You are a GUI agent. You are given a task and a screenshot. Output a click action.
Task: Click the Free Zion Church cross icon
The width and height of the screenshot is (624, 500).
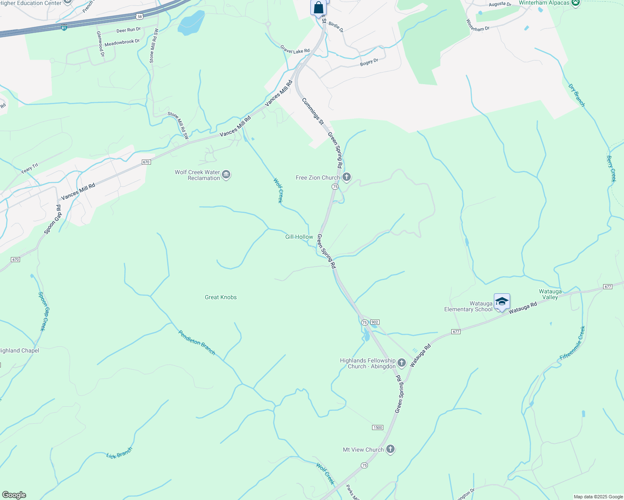(346, 177)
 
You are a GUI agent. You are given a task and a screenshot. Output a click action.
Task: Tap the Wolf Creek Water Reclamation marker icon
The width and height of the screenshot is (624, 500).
(226, 175)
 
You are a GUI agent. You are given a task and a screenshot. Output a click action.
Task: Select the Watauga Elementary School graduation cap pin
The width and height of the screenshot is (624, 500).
(501, 302)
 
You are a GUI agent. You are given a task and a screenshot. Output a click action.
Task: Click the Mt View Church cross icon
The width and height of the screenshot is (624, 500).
(390, 449)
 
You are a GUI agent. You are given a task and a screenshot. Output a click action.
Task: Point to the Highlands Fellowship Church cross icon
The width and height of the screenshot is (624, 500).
(401, 363)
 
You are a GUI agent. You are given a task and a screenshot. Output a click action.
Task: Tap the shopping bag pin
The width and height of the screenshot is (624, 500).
(318, 8)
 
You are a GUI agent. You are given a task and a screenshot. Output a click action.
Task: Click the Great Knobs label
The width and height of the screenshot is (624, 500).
(221, 297)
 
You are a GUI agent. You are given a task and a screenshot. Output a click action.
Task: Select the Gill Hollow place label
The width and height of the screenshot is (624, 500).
(299, 237)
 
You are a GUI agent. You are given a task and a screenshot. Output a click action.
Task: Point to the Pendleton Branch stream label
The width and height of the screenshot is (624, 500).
(197, 342)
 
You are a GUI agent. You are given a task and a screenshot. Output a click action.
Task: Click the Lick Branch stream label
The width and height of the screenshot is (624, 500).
(119, 453)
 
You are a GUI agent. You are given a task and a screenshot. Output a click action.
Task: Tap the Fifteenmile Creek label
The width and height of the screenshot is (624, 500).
(573, 343)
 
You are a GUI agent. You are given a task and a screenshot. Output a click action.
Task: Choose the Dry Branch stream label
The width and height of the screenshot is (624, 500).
(576, 95)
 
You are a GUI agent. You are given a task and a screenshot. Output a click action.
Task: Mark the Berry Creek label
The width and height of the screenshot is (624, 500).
(611, 169)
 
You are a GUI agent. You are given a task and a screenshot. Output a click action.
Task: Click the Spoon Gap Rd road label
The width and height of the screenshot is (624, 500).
(53, 219)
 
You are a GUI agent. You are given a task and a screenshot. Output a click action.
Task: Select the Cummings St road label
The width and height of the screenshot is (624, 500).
(312, 111)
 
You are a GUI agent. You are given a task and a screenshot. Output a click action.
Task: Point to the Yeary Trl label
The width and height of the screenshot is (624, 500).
(29, 168)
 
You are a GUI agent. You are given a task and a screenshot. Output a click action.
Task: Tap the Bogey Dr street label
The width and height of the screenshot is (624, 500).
(369, 62)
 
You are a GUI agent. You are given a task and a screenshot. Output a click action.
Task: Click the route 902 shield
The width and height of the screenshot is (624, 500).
(375, 322)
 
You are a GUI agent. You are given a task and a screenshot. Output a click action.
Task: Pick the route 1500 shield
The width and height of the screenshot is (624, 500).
(377, 427)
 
